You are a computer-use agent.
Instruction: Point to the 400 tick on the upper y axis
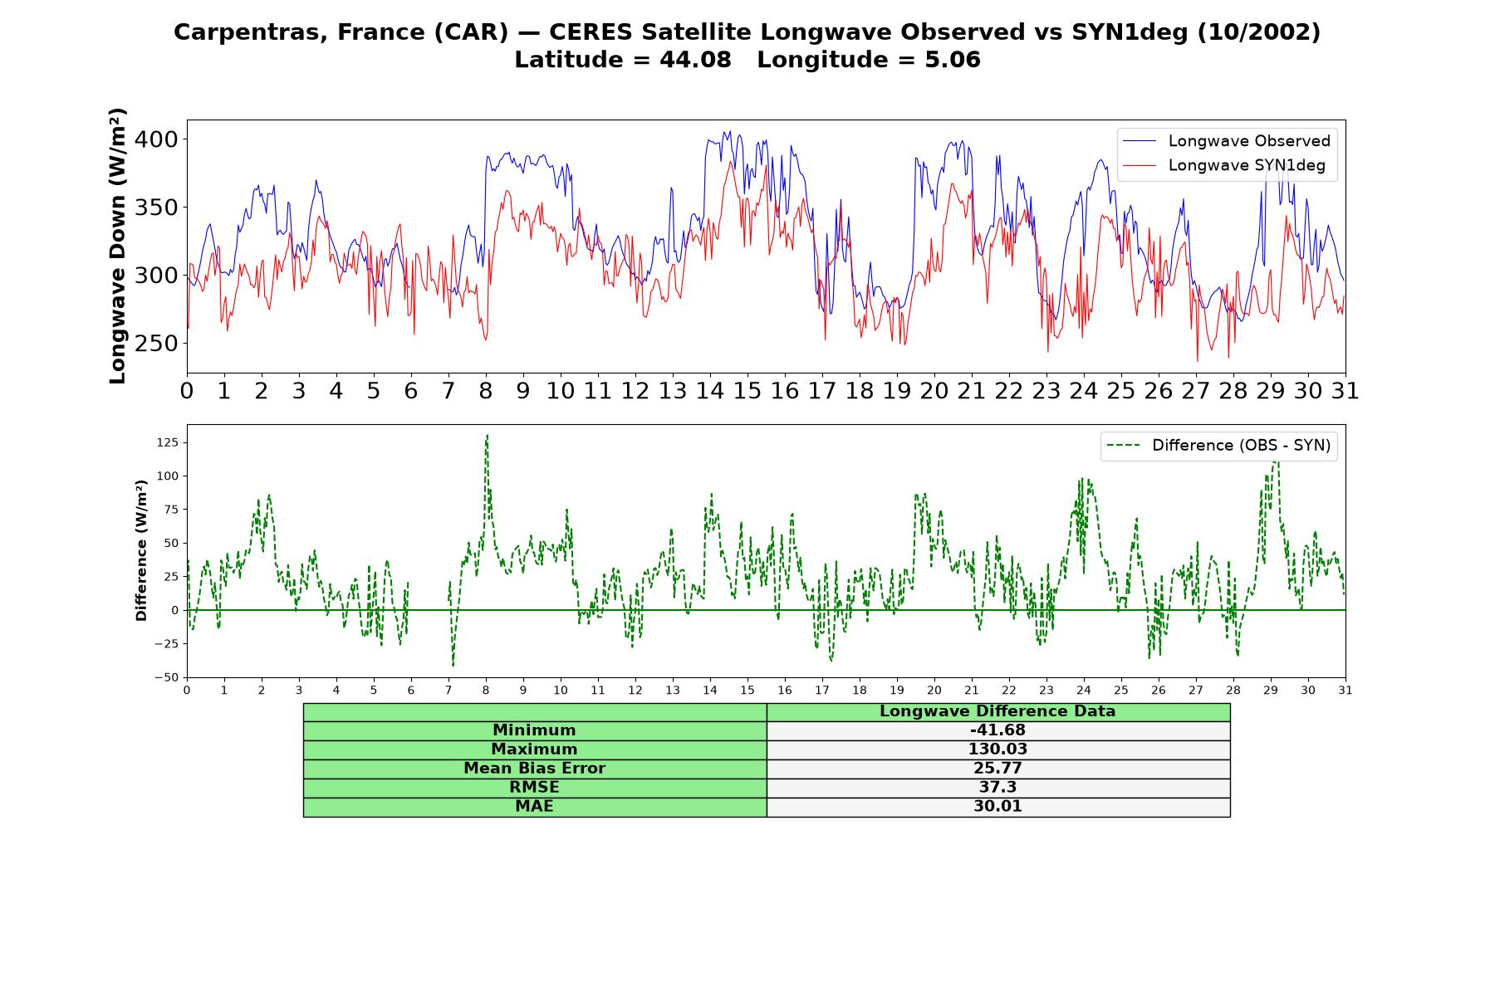coord(156,139)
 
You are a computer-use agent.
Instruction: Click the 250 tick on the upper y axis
coord(156,344)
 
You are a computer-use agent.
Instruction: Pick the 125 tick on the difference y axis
coord(168,442)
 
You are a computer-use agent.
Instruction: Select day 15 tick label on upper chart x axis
coord(747,391)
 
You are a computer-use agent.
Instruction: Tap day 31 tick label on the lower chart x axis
coord(1345,691)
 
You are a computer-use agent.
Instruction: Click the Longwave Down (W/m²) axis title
coord(118,246)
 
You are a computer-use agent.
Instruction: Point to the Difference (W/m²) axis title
coord(141,550)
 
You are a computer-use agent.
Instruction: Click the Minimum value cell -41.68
coord(997,730)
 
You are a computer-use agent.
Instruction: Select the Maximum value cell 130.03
coord(997,749)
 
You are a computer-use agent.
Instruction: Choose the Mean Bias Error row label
coord(534,769)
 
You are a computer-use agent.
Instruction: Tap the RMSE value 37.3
coord(997,788)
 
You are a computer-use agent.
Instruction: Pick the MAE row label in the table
coord(534,807)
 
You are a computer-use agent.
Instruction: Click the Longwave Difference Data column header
coord(997,711)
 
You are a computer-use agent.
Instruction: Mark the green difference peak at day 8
coord(487,435)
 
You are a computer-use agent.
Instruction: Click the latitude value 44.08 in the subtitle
coord(695,61)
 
